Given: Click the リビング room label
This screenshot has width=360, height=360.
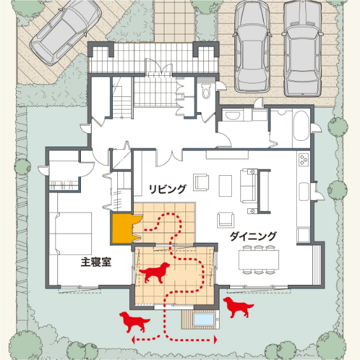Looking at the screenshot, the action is click(x=167, y=189).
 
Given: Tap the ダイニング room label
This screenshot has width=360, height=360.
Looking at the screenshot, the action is click(x=253, y=236).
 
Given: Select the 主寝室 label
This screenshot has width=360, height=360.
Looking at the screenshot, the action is click(x=96, y=262).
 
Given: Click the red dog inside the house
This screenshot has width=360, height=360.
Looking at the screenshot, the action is click(x=155, y=273).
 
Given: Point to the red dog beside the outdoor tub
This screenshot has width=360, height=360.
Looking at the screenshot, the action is click(x=238, y=307).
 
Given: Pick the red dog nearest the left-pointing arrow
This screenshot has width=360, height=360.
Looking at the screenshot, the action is click(x=135, y=322).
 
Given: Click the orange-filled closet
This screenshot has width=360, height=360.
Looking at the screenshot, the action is click(x=122, y=228).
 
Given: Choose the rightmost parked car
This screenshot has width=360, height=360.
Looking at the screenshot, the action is click(x=303, y=48).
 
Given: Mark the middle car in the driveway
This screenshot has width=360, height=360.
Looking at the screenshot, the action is click(x=252, y=46).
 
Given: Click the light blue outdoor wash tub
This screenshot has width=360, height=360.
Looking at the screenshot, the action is click(x=203, y=320).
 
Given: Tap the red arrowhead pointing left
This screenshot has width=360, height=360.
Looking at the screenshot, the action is click(x=133, y=340).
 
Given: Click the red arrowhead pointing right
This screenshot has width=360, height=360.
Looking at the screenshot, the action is click(x=215, y=340).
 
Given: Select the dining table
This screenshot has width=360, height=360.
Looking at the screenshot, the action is click(x=259, y=260).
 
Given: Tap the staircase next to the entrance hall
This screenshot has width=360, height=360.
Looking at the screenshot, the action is click(x=122, y=97).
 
